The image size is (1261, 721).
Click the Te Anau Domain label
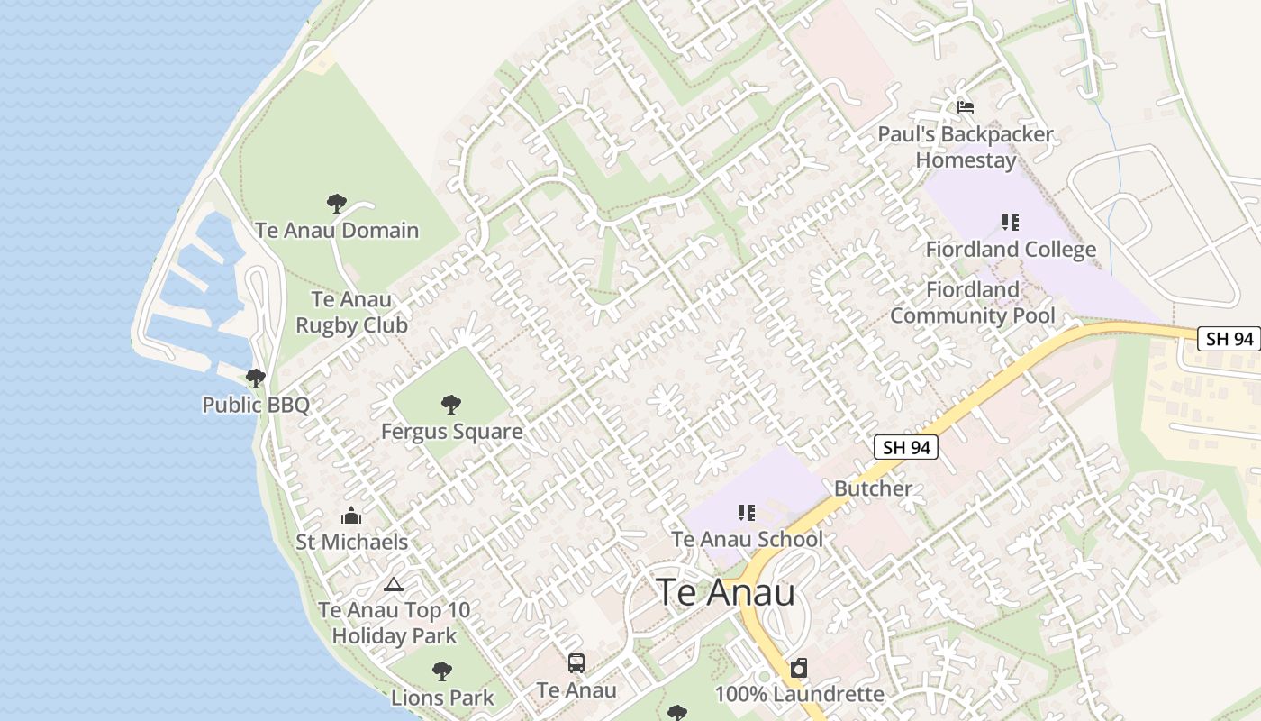[337, 230]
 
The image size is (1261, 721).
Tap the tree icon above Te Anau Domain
[337, 204]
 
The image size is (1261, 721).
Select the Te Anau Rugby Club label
[351, 312]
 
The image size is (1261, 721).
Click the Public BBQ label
[256, 405]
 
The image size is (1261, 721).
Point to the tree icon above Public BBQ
[256, 378]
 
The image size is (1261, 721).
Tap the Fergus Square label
[451, 432]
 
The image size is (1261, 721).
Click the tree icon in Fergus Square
[451, 405]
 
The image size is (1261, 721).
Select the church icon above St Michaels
[351, 516]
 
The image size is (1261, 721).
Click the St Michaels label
[351, 543]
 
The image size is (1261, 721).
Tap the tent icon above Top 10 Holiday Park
[393, 584]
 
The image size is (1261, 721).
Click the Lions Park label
[442, 698]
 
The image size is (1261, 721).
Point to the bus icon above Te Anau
[576, 664]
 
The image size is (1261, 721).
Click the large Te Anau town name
[725, 593]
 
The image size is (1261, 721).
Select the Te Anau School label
[747, 540]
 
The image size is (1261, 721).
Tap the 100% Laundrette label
[799, 695]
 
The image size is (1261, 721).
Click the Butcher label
[873, 488]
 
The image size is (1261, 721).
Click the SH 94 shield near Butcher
[906, 447]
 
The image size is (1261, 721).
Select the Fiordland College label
[1011, 250]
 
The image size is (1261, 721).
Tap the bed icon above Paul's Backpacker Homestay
[966, 107]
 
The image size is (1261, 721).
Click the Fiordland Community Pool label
[972, 303]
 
